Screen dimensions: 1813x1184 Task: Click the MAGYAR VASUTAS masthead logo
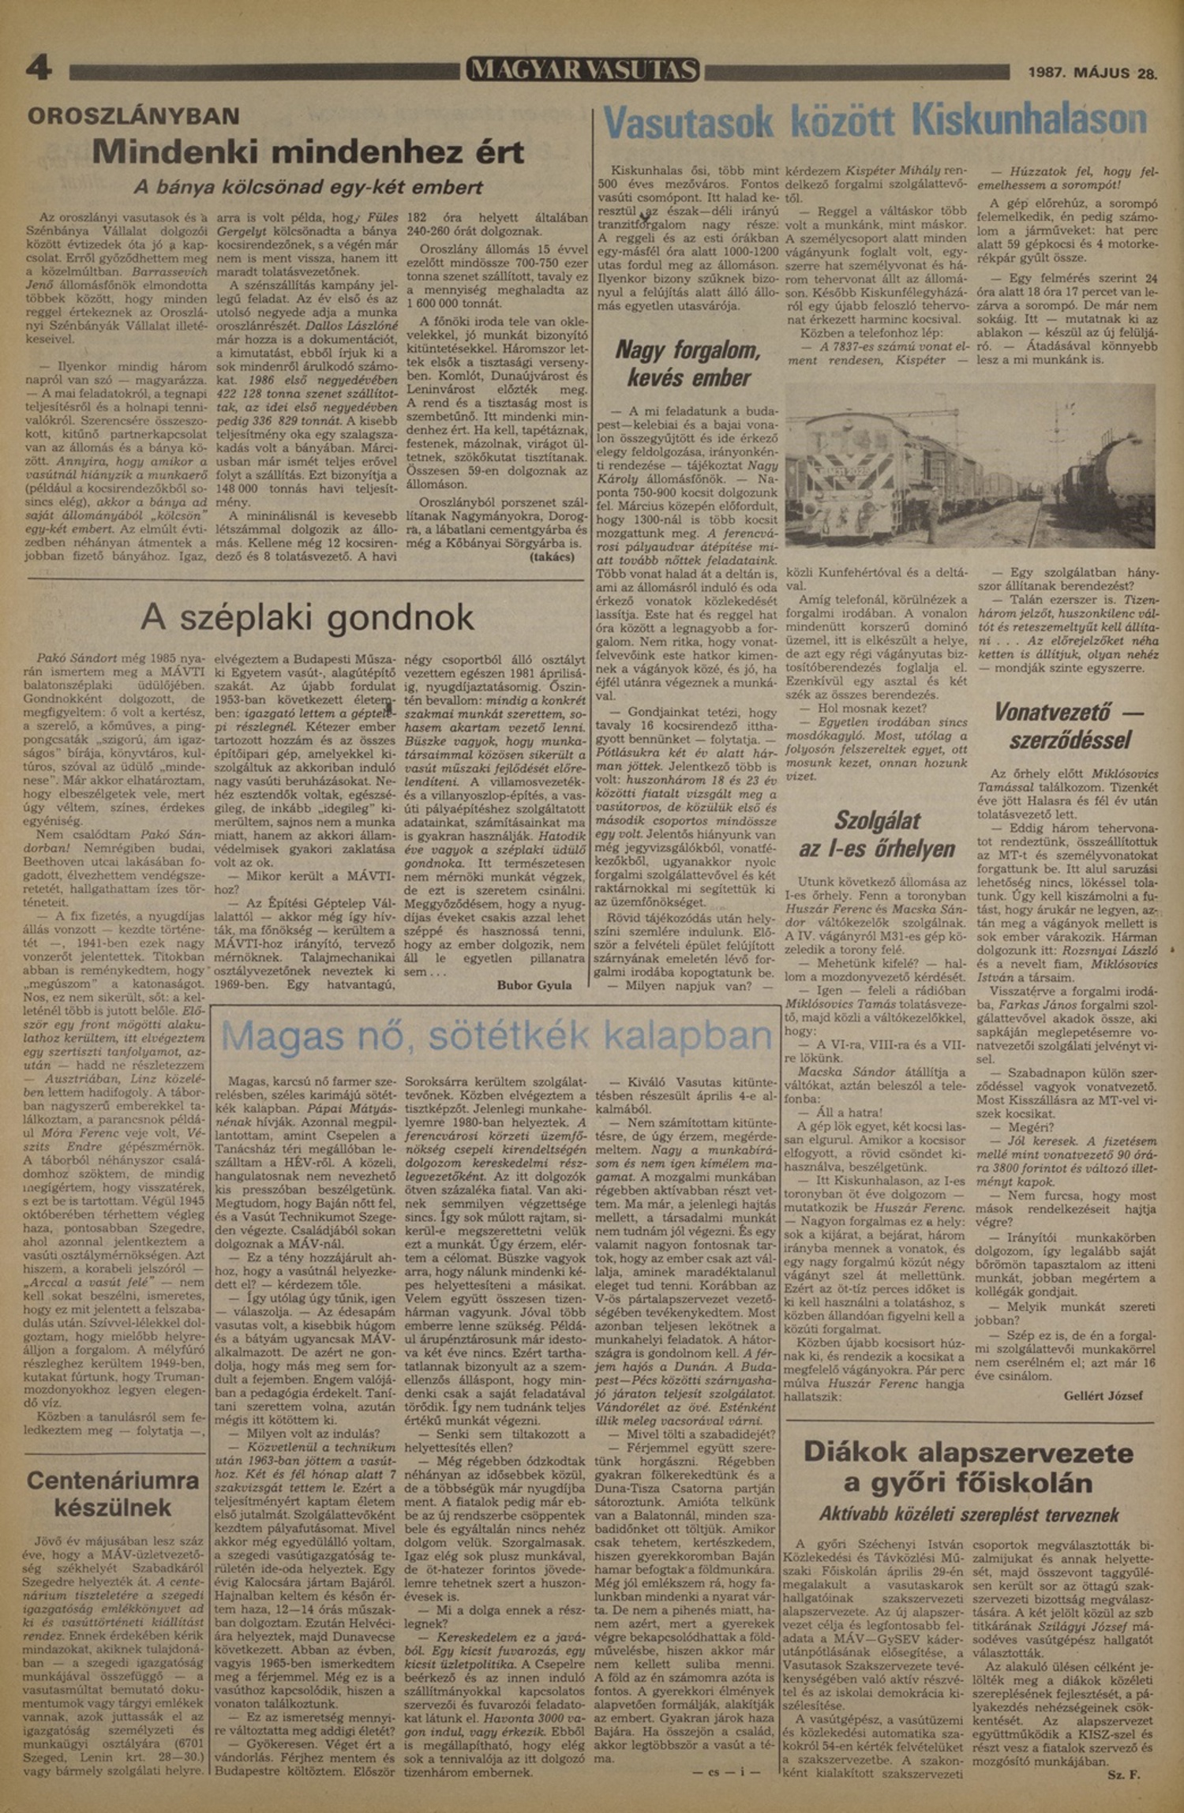(583, 71)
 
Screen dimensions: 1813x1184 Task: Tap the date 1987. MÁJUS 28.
(1092, 73)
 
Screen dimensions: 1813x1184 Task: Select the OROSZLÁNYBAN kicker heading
(133, 117)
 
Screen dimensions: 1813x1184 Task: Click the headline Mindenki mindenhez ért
(308, 151)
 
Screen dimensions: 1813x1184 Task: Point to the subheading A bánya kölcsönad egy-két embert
(308, 188)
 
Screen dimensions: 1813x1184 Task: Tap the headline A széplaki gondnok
(308, 617)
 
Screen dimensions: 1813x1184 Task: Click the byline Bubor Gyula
(534, 985)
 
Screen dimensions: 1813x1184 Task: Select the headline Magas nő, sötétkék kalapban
(497, 1036)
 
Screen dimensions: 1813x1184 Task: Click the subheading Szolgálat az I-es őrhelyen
(877, 834)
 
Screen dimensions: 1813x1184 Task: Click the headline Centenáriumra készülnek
(113, 1494)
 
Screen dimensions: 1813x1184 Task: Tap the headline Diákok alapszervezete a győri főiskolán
(969, 1467)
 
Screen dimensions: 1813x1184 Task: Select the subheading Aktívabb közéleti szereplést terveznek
(969, 1515)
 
